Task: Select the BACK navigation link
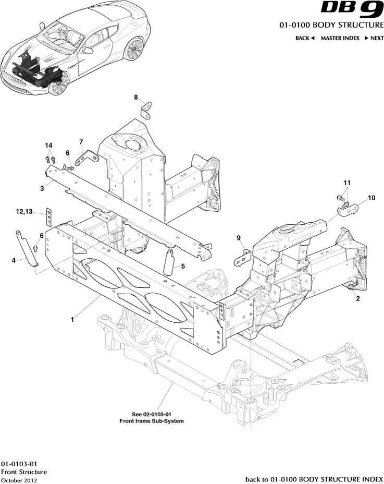coord(305,38)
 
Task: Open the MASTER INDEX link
coord(340,38)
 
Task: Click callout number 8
coord(136,98)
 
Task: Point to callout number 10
coord(371,198)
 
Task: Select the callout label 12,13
coord(24,211)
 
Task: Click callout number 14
coord(49,145)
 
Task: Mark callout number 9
coord(239,238)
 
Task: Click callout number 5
coord(183,266)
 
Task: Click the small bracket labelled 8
coord(147,110)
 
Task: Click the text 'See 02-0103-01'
coord(152,414)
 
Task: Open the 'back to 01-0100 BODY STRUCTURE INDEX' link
coord(314,479)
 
